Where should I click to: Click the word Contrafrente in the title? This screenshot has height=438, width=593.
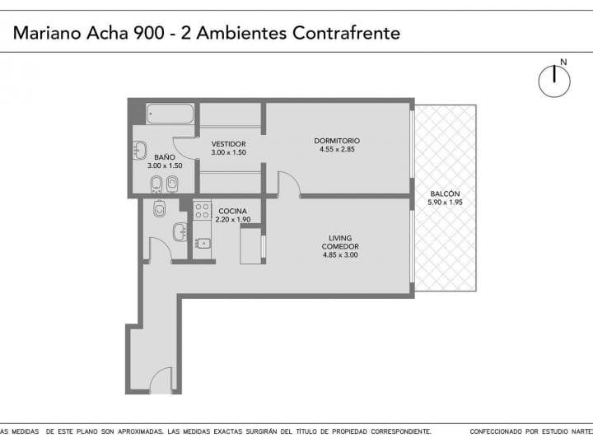tap(349, 34)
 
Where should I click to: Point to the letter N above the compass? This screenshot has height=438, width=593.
tap(563, 62)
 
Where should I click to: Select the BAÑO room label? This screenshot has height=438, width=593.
tap(164, 156)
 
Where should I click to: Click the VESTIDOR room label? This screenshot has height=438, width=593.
tap(228, 144)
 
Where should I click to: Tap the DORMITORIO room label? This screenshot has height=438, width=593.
tap(337, 140)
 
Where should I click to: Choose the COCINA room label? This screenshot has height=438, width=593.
tap(232, 211)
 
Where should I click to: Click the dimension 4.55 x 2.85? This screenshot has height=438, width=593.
tap(337, 149)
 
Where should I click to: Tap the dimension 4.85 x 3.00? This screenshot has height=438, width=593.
tap(339, 255)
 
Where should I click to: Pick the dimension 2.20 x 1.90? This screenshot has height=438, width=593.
tap(232, 220)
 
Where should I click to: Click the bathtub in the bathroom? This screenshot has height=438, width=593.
tap(170, 113)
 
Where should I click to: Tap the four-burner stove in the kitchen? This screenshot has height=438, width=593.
tap(203, 210)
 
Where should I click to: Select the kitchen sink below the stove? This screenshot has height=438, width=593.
tap(202, 242)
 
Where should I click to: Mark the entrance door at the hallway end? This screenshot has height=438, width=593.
tap(162, 380)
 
